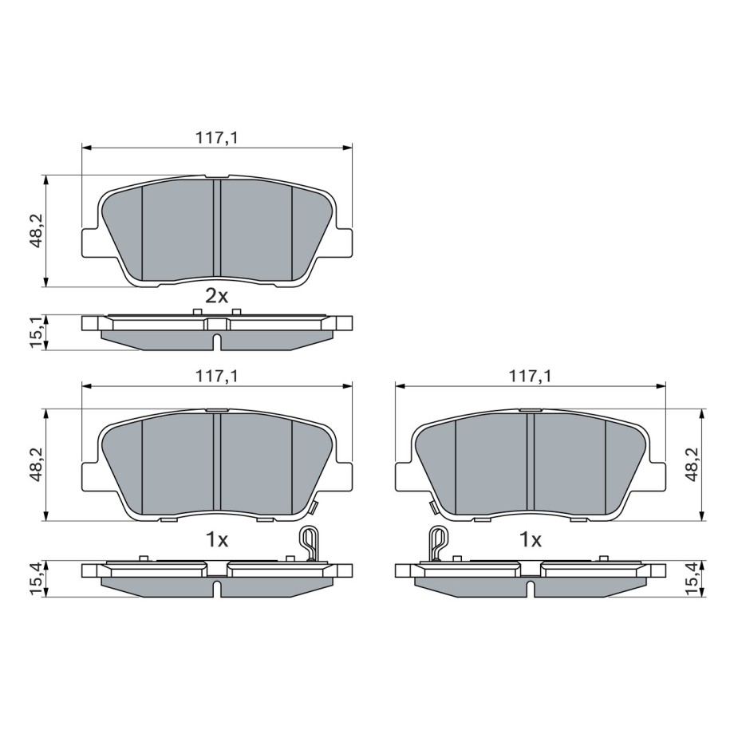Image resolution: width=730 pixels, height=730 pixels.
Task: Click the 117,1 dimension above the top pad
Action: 216,138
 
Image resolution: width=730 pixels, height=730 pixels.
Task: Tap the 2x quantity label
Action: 217,296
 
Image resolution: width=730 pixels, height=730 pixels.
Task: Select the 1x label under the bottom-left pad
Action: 217,540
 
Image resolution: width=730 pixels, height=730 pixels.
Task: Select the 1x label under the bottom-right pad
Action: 531,540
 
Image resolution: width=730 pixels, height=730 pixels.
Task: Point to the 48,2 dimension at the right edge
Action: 692,465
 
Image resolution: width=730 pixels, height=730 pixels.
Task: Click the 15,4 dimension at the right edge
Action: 692,578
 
